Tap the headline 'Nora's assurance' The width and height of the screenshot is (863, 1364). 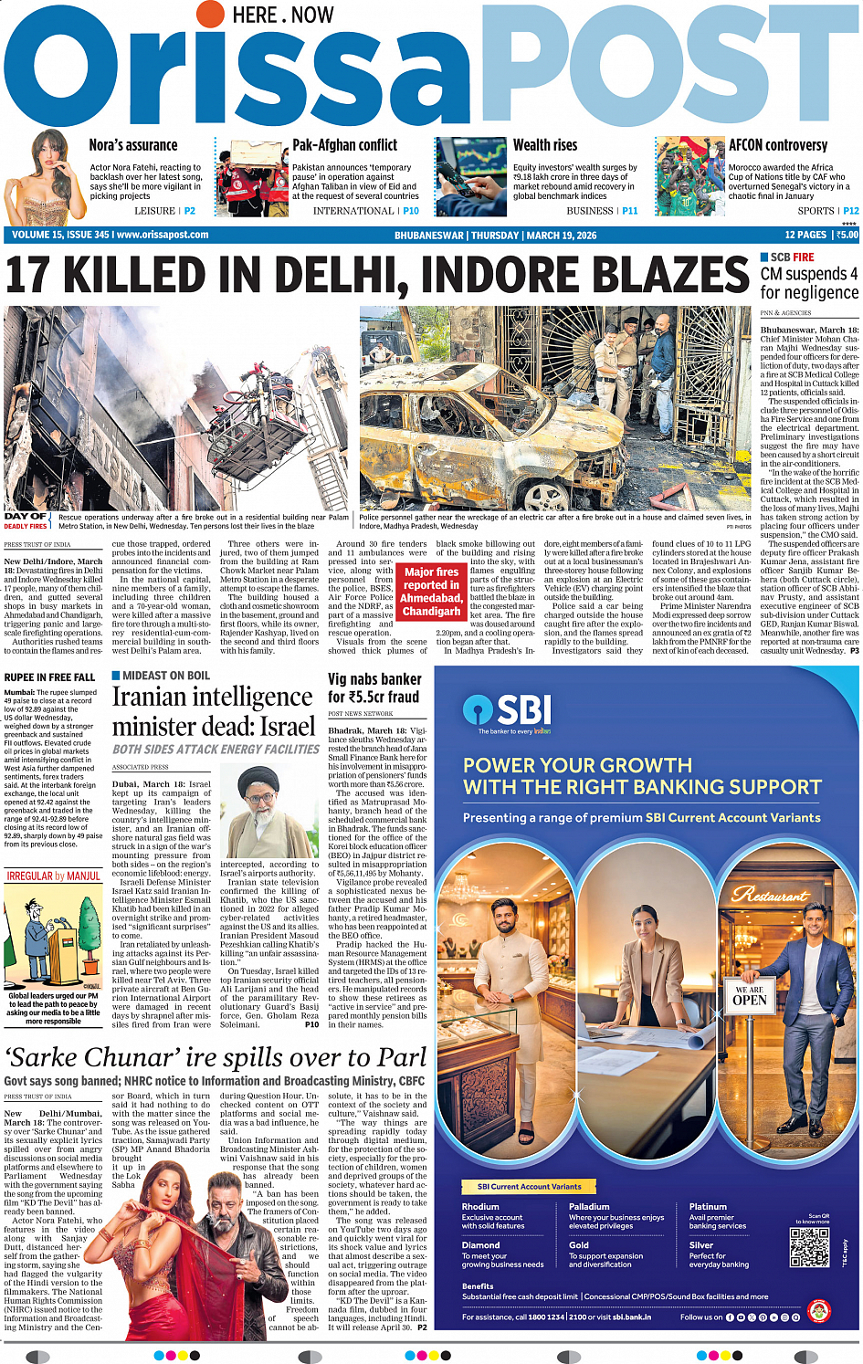(133, 145)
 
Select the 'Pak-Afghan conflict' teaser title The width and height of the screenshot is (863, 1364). (344, 145)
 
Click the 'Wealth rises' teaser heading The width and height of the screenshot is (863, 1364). (545, 145)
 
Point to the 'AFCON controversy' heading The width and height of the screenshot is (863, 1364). (777, 145)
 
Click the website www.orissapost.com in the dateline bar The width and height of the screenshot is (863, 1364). (163, 235)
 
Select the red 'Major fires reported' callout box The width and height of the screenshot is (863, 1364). (432, 591)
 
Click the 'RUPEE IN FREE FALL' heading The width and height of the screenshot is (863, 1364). (49, 677)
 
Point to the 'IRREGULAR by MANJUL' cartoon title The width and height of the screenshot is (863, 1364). (54, 876)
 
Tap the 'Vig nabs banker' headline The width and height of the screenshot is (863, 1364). (374, 687)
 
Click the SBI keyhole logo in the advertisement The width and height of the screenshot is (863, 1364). (478, 710)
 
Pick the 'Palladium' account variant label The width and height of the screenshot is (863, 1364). (589, 1206)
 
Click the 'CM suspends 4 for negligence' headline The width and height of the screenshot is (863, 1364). (809, 283)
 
